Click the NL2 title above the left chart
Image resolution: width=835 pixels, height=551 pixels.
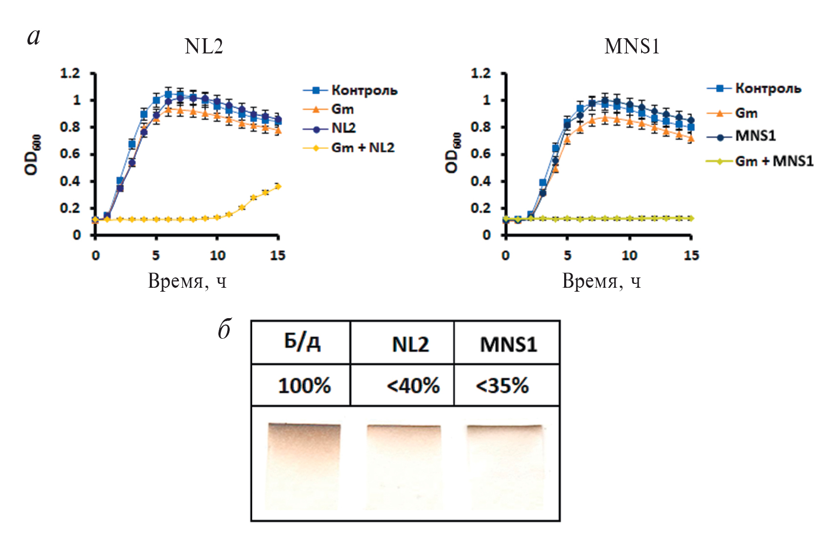[x=204, y=47]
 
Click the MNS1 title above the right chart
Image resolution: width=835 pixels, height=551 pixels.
[x=632, y=47]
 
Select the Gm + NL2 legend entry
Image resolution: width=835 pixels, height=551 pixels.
[x=362, y=148]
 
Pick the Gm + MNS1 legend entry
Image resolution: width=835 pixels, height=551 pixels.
[x=774, y=161]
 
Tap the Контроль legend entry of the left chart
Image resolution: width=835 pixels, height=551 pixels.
[x=364, y=90]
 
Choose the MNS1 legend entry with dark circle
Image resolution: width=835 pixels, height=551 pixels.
[x=755, y=136]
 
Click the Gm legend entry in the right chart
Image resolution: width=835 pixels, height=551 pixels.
[x=746, y=113]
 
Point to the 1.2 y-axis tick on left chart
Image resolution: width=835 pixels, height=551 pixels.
[x=70, y=74]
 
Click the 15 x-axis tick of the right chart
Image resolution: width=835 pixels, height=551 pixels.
[x=691, y=255]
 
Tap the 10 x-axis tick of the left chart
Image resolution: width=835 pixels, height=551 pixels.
[x=217, y=255]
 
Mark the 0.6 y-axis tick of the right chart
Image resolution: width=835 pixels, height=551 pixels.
[x=480, y=154]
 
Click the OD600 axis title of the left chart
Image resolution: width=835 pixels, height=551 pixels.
[x=32, y=154]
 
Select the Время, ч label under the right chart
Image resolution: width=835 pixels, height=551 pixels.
[x=601, y=281]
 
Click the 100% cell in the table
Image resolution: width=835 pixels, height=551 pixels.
[x=304, y=386]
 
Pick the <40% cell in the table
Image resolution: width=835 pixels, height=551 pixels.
[x=413, y=386]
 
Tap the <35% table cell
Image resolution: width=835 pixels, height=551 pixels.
[x=502, y=386]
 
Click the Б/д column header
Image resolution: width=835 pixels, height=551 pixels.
[x=302, y=342]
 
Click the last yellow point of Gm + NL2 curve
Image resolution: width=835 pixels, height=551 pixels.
[x=278, y=186]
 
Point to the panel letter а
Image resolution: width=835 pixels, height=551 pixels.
[x=34, y=37]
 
